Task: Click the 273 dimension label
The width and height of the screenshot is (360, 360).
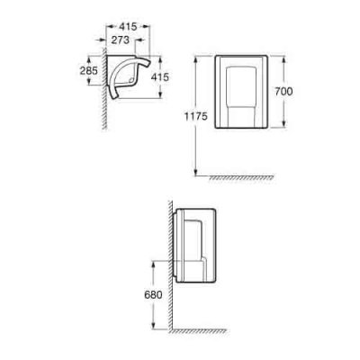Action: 121,40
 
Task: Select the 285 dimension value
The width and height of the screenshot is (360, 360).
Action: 89,70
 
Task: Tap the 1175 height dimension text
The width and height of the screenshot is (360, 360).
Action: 196,116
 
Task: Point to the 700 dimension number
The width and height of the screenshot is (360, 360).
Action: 283,91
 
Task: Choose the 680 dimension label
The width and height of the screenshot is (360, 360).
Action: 153,295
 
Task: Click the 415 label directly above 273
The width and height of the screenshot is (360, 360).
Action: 128,27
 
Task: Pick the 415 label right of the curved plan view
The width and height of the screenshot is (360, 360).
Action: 160,77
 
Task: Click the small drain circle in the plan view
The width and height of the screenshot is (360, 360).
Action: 130,80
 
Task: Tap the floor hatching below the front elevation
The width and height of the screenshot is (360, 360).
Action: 241,178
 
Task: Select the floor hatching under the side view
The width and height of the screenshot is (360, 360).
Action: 198,331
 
